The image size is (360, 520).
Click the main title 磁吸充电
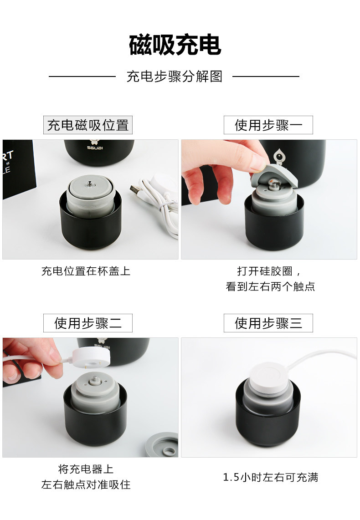(x=175, y=45)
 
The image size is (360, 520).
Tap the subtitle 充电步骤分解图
(x=174, y=76)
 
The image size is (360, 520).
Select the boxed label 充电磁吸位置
(x=88, y=125)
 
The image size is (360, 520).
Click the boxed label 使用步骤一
(x=268, y=125)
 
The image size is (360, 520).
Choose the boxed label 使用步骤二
(x=88, y=323)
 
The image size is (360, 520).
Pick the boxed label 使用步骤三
(x=268, y=323)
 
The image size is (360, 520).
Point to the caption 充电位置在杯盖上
(x=86, y=271)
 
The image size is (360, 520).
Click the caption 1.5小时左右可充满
(x=270, y=477)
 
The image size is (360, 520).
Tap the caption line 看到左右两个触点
(x=270, y=286)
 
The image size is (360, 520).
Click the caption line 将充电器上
(x=86, y=469)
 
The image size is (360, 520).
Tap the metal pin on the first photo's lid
(x=89, y=184)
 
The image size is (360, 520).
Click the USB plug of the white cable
(x=135, y=191)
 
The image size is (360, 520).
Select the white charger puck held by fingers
(x=91, y=357)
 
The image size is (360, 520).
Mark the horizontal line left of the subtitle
(x=82, y=76)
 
